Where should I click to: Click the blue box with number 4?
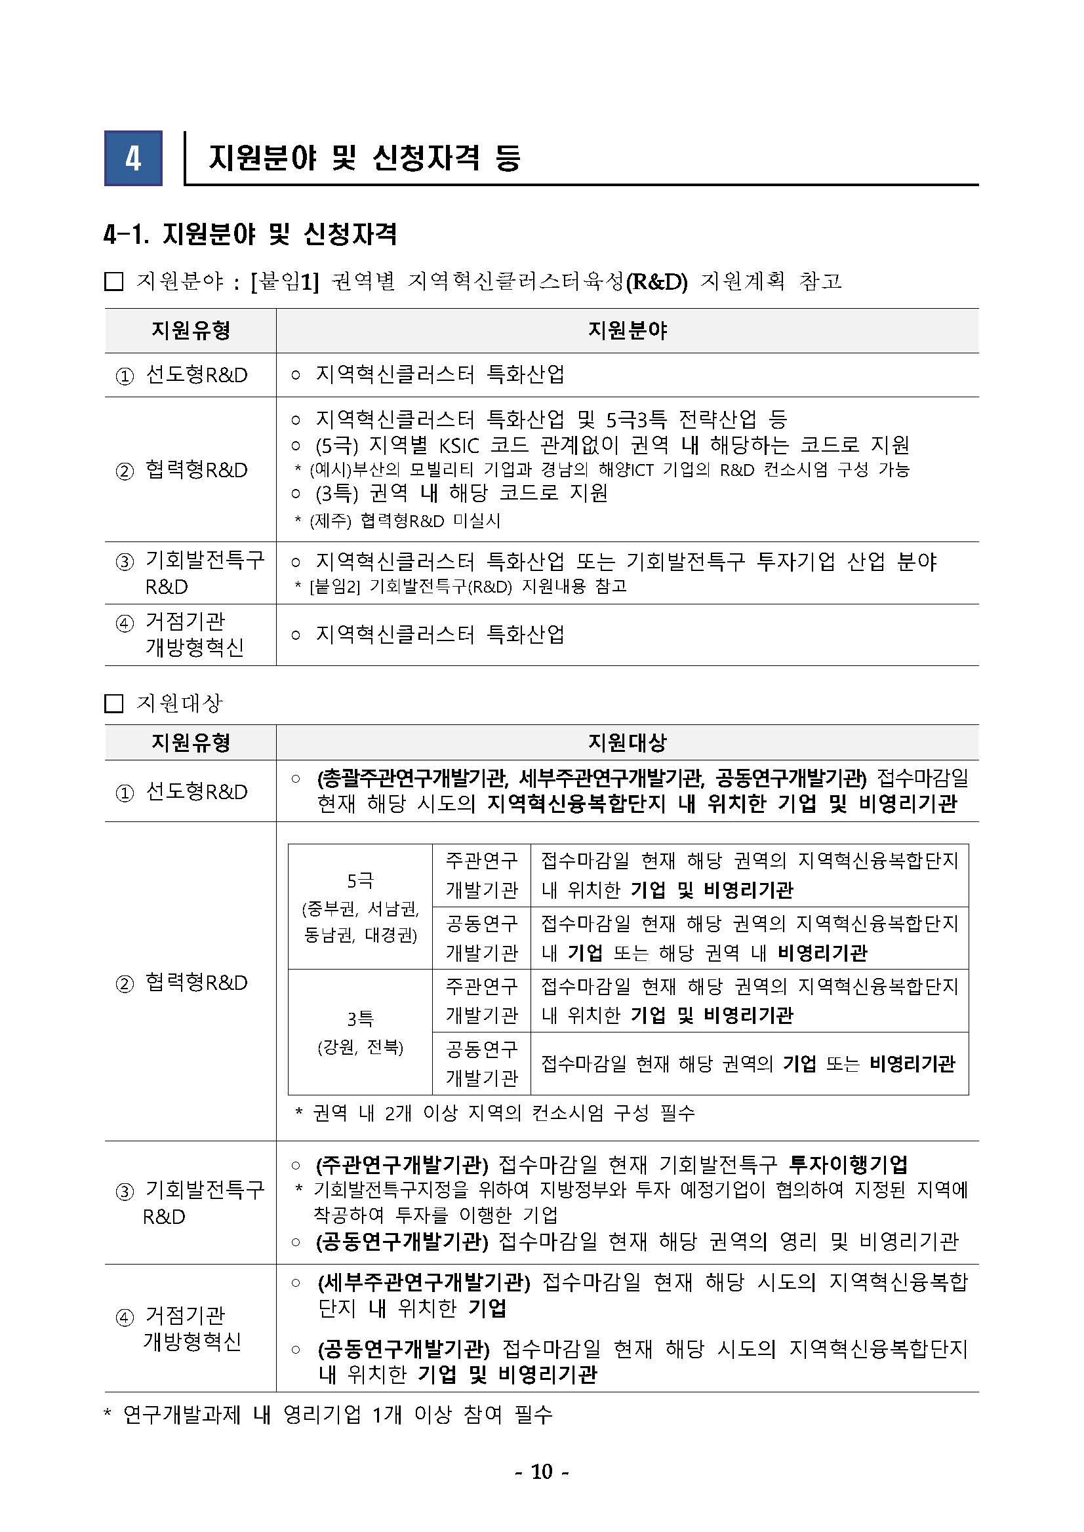click(133, 158)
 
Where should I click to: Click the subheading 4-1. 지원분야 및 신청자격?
click(251, 234)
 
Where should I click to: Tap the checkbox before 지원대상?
click(114, 703)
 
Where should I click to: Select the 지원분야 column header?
click(627, 330)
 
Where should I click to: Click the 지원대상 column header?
click(627, 742)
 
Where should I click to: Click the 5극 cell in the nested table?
click(360, 881)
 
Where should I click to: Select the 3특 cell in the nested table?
click(360, 1019)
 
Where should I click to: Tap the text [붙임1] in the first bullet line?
click(286, 282)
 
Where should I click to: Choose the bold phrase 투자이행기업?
click(848, 1164)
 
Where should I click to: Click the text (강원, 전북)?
click(360, 1047)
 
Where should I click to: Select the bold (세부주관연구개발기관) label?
click(424, 1282)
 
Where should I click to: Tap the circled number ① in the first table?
click(125, 376)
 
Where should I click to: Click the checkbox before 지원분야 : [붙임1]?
click(114, 282)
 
